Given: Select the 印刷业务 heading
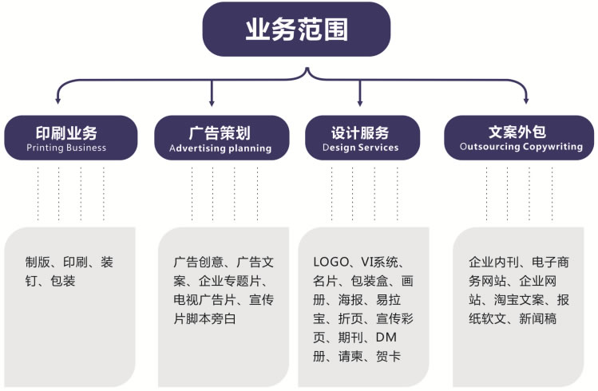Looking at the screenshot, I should (x=66, y=132).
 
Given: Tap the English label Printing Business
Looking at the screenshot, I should (x=66, y=148).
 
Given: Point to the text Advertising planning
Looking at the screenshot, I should (x=220, y=148).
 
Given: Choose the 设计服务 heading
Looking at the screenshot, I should (x=360, y=132).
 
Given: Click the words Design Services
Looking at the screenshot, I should (x=360, y=148).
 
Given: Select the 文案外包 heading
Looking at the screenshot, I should (x=521, y=132).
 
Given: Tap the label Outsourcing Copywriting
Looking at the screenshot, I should (x=521, y=148).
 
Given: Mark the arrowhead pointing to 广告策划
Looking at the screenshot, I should (x=212, y=102).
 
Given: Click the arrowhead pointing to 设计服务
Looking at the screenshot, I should (x=358, y=102).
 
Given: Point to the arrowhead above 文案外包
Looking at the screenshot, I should (x=525, y=101).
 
